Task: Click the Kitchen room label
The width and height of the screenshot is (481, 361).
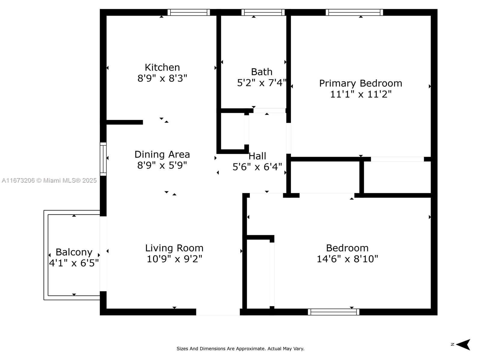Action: [162, 67]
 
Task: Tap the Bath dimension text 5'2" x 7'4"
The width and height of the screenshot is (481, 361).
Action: [262, 83]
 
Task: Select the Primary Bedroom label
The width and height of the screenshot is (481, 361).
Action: [360, 84]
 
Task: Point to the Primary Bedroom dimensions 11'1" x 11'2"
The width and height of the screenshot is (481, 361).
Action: [361, 94]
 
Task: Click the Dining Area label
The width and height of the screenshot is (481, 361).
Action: [162, 154]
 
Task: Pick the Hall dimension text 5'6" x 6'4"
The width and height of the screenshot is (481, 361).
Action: [257, 167]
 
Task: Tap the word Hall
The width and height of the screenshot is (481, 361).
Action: [257, 156]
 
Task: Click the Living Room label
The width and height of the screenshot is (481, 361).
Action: [174, 248]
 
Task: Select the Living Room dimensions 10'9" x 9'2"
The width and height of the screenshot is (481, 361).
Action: [174, 259]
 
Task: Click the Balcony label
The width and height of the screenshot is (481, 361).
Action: [74, 252]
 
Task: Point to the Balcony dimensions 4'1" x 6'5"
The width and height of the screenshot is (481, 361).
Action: [74, 263]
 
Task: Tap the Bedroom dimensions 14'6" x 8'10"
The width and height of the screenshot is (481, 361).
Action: [347, 259]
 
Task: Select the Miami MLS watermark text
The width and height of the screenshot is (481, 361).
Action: [49, 180]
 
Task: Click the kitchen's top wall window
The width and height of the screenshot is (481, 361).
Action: [189, 12]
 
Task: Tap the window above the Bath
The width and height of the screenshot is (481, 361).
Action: [263, 12]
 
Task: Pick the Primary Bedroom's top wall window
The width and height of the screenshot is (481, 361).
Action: [354, 12]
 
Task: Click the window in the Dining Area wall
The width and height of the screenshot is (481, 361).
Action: [103, 159]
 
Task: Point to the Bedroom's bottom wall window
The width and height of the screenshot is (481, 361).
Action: [333, 312]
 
